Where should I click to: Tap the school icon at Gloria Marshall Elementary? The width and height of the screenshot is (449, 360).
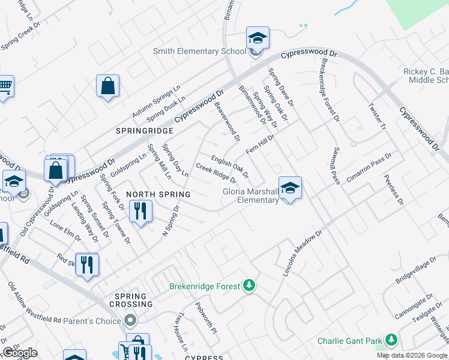click(289, 188)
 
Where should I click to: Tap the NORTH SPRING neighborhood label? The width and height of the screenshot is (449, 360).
click(158, 194)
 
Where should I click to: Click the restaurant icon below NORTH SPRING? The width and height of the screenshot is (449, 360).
click(140, 212)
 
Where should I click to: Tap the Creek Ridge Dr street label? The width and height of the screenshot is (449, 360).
click(216, 172)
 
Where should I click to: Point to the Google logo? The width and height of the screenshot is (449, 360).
click(20, 353)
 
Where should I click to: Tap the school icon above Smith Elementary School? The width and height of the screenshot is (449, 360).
click(257, 38)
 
